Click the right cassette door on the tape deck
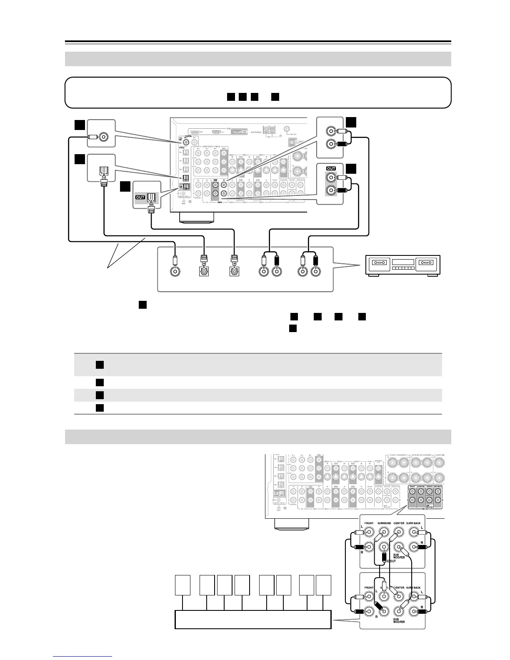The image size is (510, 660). point(427,263)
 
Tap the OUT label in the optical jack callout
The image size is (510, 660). point(140,197)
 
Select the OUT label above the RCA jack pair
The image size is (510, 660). point(331,168)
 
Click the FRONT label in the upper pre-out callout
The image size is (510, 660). point(369,523)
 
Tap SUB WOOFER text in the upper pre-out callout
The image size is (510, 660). point(399,556)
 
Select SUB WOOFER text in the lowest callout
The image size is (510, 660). point(399,621)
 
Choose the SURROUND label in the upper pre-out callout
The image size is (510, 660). point(384,523)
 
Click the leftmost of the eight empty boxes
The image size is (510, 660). point(182,585)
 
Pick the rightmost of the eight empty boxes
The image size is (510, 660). point(324,585)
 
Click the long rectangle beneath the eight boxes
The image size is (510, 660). point(252,619)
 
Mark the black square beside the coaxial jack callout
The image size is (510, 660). point(80,125)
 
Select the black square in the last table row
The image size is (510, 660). point(99,407)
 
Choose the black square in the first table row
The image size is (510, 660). point(99,365)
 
